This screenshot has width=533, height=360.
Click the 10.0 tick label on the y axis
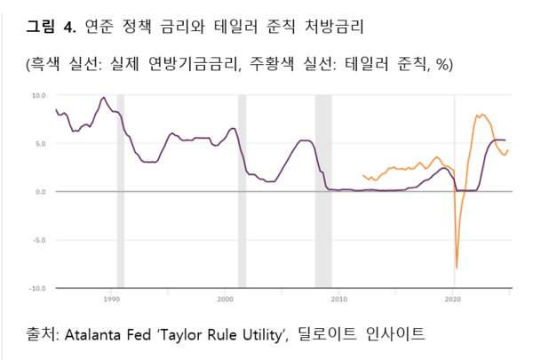pyautogui.click(x=39, y=94)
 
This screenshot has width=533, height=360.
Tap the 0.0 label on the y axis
pyautogui.click(x=41, y=191)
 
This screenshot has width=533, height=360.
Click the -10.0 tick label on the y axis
pyautogui.click(x=38, y=288)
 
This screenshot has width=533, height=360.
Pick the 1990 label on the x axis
pyautogui.click(x=112, y=300)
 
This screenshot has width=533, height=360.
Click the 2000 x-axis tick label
pyautogui.click(x=226, y=300)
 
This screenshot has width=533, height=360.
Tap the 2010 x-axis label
pyautogui.click(x=338, y=300)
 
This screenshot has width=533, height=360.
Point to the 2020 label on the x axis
pyautogui.click(x=452, y=300)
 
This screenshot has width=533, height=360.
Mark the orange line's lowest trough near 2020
pyautogui.click(x=457, y=267)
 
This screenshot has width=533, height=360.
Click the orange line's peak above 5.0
pyautogui.click(x=482, y=114)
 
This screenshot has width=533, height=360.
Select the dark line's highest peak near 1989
pyautogui.click(x=104, y=98)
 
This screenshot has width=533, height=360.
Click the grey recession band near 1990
pyautogui.click(x=121, y=191)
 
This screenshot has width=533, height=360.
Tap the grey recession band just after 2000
pyautogui.click(x=242, y=191)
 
